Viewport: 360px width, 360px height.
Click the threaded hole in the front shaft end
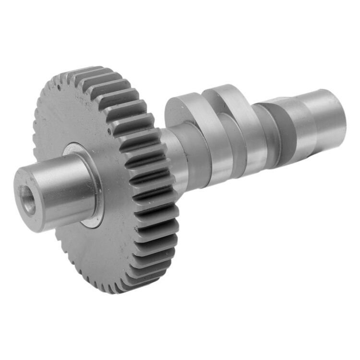click(x=28, y=200)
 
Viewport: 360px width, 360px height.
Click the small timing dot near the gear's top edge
click(x=58, y=88)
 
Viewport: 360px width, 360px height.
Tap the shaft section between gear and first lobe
click(x=171, y=154)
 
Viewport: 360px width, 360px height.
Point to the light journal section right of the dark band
click(x=307, y=125)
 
